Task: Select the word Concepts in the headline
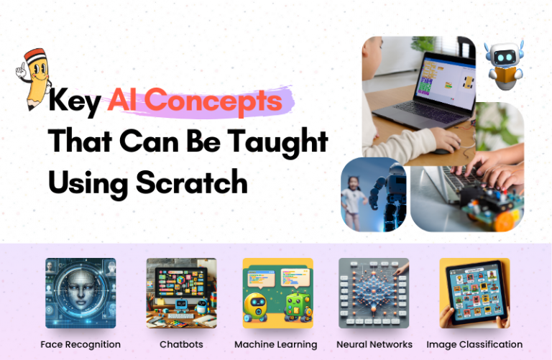tap(195, 102)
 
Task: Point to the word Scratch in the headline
tap(190, 183)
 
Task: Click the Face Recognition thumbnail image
tap(80, 293)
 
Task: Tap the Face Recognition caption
tap(80, 344)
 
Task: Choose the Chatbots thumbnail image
tap(181, 293)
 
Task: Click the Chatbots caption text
tap(181, 344)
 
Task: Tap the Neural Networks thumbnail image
tap(374, 293)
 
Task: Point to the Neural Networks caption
tap(374, 344)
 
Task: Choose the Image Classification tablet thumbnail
tap(474, 293)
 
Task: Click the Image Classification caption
tap(474, 344)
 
